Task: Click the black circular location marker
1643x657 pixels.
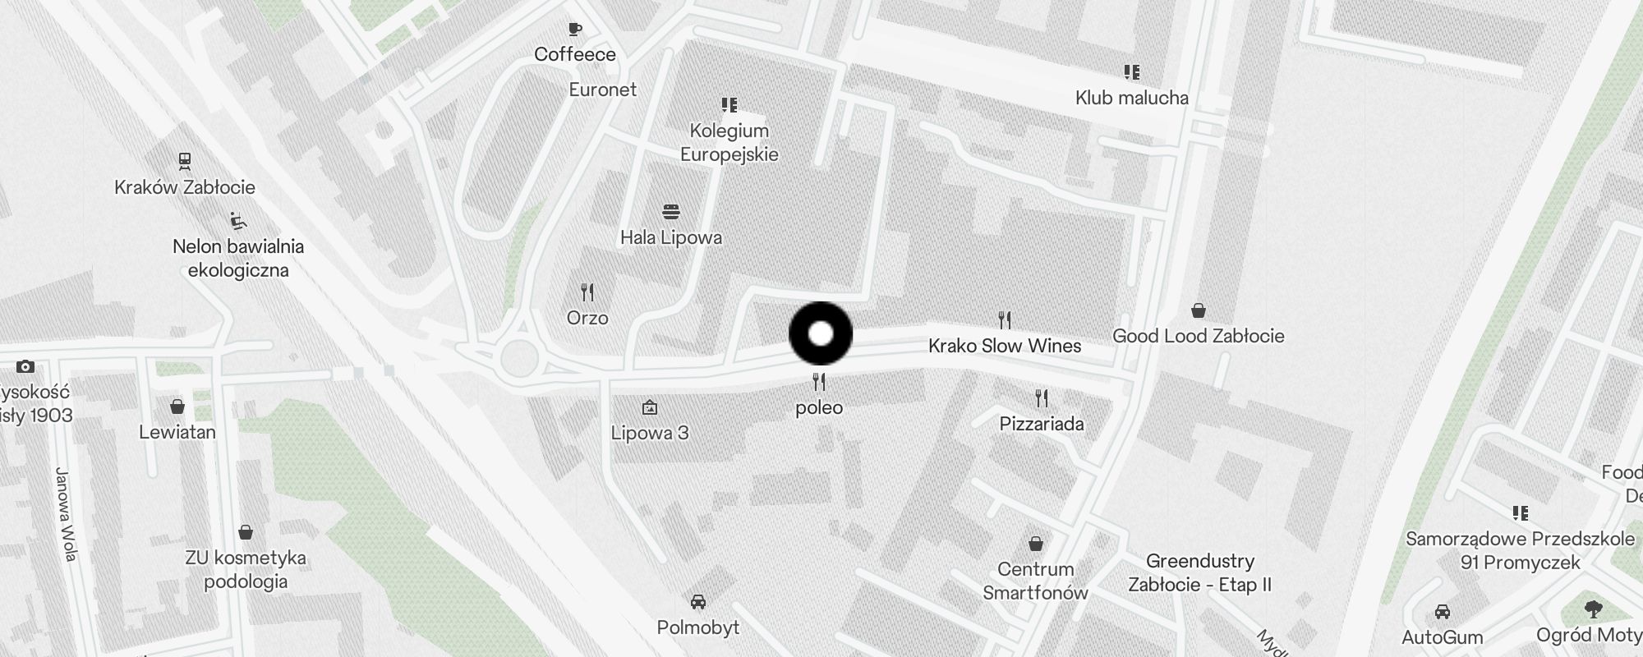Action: pos(821,333)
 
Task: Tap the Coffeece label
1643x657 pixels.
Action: pos(575,54)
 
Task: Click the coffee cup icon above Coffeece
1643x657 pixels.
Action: pos(575,30)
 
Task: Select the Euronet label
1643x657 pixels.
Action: pos(603,90)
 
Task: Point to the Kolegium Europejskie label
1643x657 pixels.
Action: pos(729,142)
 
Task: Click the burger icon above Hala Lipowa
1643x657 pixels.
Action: pos(671,212)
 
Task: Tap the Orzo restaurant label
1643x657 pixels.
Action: pos(587,318)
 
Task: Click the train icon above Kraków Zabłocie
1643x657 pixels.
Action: pos(185,160)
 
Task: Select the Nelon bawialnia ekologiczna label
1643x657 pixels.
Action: pos(238,258)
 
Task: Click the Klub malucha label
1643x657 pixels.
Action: pos(1132,98)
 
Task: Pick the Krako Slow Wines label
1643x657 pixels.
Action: pos(1005,346)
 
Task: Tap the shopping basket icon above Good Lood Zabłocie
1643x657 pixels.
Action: pos(1199,310)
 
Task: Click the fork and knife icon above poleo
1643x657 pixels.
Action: pos(819,382)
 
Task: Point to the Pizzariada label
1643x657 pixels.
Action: pos(1042,424)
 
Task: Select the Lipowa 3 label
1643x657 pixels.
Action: pos(650,433)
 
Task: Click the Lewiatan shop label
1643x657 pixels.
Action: pos(177,432)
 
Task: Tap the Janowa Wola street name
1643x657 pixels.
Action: pos(66,514)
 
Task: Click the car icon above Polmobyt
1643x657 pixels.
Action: pos(698,602)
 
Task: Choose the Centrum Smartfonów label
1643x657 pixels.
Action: pos(1036,581)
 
